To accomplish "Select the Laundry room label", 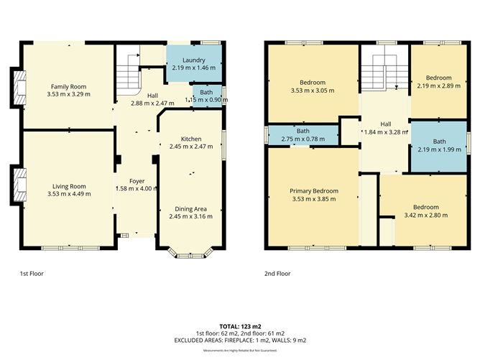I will [x=194, y=60].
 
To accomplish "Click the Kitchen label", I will [x=190, y=138].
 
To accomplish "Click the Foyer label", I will [x=136, y=180].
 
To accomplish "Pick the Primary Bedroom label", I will [x=313, y=190].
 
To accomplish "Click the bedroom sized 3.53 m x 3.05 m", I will [x=313, y=91].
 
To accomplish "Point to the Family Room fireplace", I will [x=17, y=86].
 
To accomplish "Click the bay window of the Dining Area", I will [x=190, y=252].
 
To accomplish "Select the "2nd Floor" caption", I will [x=278, y=274].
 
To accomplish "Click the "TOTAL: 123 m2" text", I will [x=240, y=326].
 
